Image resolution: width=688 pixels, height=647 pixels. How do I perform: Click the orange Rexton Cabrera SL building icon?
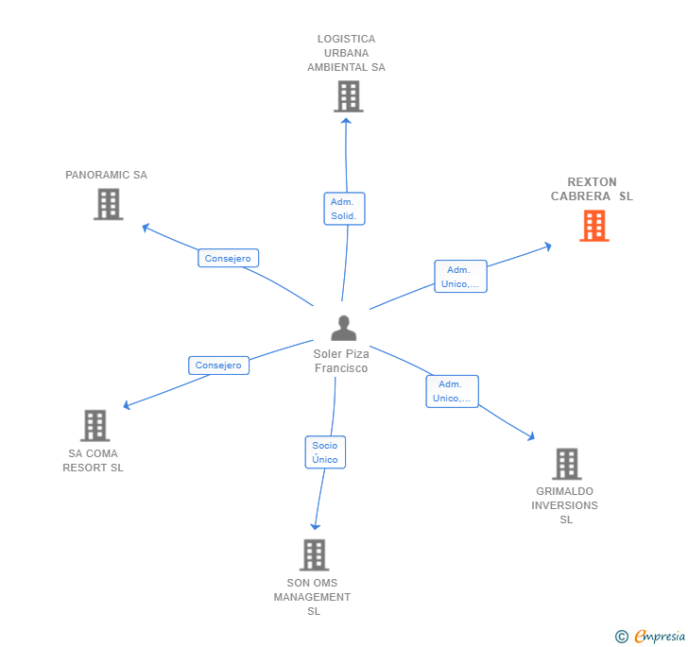click(x=593, y=226)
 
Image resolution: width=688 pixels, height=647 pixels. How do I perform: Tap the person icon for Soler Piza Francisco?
click(x=343, y=328)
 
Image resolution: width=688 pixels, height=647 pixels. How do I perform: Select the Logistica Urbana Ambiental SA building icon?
click(x=348, y=95)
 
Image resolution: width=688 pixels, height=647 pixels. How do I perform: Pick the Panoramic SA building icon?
click(x=109, y=204)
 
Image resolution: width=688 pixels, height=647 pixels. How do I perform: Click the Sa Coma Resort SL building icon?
click(x=95, y=426)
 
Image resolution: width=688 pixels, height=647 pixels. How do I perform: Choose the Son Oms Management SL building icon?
click(x=314, y=555)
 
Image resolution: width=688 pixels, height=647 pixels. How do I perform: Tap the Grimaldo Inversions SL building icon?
click(x=566, y=464)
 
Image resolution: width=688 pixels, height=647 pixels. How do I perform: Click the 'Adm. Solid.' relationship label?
click(x=344, y=209)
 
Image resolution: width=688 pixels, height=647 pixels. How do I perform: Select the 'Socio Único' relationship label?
click(x=325, y=452)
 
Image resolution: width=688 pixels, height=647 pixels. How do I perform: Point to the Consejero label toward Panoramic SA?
click(x=228, y=258)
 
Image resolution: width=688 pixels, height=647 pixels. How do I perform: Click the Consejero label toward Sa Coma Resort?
click(x=218, y=366)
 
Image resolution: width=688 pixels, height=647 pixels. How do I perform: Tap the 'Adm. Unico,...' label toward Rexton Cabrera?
click(x=460, y=277)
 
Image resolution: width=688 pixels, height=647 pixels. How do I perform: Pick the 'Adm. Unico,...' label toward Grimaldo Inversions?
click(x=452, y=391)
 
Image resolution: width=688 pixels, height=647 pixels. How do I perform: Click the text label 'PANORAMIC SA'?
click(x=106, y=175)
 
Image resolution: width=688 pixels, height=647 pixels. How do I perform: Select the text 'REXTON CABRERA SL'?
click(x=592, y=189)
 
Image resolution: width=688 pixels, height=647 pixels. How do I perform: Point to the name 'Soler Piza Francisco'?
click(x=341, y=361)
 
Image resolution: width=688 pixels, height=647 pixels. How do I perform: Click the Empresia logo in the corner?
click(x=660, y=636)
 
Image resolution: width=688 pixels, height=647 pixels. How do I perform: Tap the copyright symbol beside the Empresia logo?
click(x=622, y=637)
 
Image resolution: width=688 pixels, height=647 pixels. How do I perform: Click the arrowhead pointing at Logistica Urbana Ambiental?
click(x=346, y=120)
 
